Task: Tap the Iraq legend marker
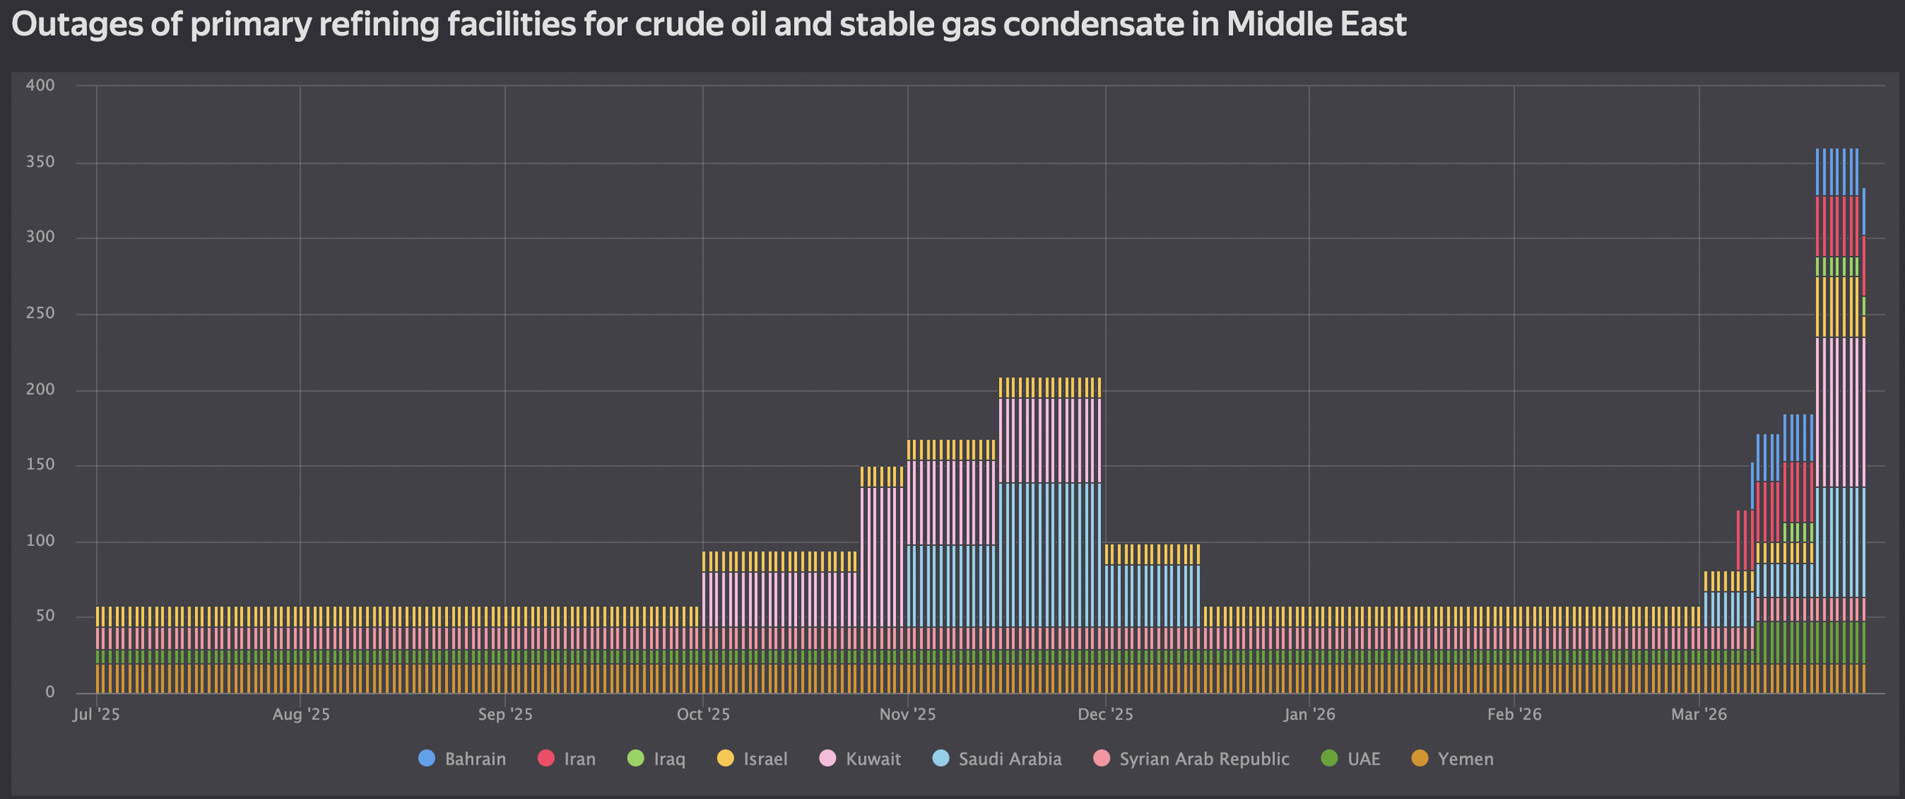click(636, 759)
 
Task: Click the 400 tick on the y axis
click(40, 85)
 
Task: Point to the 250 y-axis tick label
click(40, 313)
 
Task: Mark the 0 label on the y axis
click(50, 692)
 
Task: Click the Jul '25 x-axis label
click(97, 715)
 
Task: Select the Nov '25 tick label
click(907, 715)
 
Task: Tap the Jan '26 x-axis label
click(1309, 715)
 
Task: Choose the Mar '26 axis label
click(1698, 715)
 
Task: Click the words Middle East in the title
click(1316, 25)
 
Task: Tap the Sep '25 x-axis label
click(505, 715)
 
